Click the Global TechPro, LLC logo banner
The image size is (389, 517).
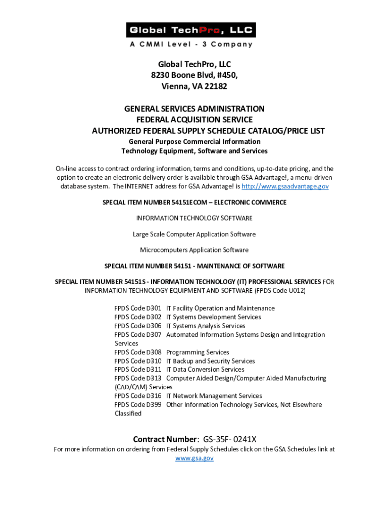pos(191,30)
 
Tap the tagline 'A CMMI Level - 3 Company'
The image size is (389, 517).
pos(191,44)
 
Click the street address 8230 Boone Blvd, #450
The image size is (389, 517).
pos(194,75)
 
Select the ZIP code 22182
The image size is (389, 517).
pos(215,86)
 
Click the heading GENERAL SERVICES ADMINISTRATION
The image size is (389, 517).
pos(194,109)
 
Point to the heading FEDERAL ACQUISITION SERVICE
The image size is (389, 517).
pos(194,120)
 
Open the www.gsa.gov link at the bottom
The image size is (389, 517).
pos(194,458)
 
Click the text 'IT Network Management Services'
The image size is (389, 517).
pos(214,396)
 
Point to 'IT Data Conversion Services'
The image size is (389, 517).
pos(205,370)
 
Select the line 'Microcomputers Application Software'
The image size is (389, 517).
pos(194,250)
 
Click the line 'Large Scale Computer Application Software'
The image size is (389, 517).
pos(194,234)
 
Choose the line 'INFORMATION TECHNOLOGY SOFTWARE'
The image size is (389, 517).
pos(194,218)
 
